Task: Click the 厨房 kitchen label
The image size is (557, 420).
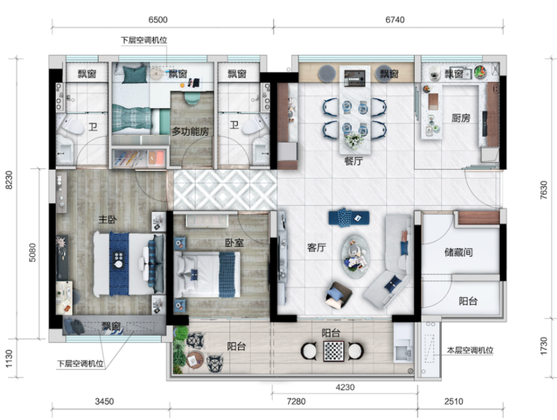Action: click(x=461, y=118)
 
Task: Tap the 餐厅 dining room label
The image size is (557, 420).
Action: click(x=353, y=161)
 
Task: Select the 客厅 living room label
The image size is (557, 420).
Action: click(x=316, y=247)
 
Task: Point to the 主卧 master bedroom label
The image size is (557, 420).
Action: click(x=107, y=219)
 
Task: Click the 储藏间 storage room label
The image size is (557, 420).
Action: click(x=459, y=252)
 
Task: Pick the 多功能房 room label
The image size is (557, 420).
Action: click(x=190, y=132)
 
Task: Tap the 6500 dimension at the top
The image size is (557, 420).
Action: click(x=158, y=19)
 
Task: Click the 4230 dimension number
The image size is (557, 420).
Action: click(x=345, y=387)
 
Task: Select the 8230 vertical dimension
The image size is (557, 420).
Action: click(x=9, y=180)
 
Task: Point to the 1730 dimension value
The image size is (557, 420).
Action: click(x=544, y=345)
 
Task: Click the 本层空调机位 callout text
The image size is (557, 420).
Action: click(x=470, y=350)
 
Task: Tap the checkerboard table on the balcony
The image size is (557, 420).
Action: click(x=333, y=351)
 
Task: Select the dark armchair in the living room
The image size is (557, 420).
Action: click(x=339, y=295)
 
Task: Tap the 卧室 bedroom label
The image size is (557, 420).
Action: click(x=235, y=242)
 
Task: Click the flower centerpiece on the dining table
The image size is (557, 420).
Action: click(x=354, y=140)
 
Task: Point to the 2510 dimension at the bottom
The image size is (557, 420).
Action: click(x=453, y=401)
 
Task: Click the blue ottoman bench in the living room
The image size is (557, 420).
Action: click(x=349, y=218)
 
